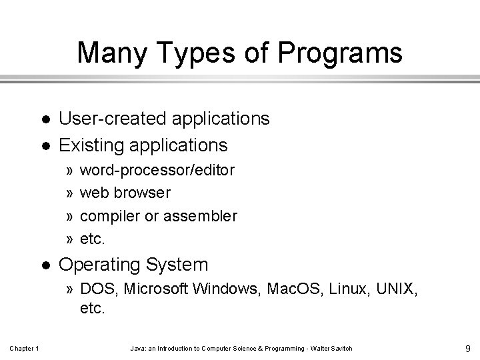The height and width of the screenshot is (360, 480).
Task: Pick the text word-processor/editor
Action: click(x=157, y=170)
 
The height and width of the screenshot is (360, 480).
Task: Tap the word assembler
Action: click(x=201, y=216)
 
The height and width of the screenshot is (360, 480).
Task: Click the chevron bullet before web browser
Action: click(x=70, y=193)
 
